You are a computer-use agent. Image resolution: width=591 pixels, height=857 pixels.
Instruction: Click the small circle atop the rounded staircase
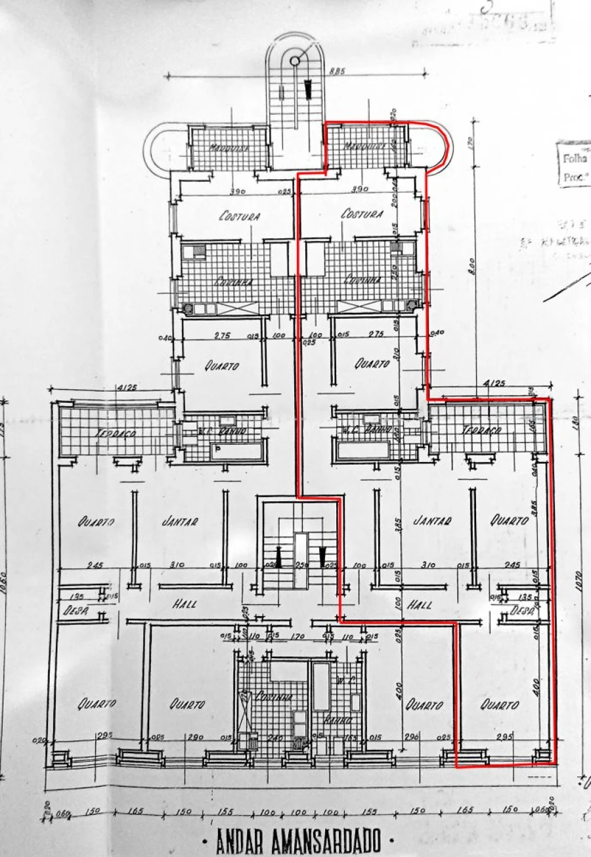pos(295,61)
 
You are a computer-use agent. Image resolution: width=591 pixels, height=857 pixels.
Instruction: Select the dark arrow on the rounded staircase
pos(307,89)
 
